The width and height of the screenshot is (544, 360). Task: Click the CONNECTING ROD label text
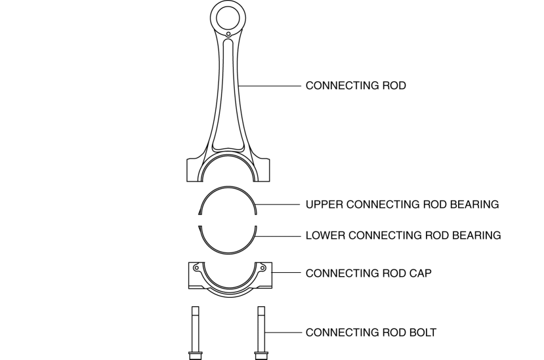tap(356, 86)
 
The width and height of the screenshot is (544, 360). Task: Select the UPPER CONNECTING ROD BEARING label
tap(402, 205)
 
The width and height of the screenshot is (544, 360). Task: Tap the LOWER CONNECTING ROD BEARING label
tap(403, 235)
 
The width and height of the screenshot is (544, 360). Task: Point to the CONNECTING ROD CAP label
tap(368, 273)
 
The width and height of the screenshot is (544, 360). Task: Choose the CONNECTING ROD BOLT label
tap(371, 332)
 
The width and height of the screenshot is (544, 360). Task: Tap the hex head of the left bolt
tap(195, 355)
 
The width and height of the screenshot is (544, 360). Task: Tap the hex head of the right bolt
tap(261, 355)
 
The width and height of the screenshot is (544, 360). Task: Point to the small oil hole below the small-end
tap(228, 33)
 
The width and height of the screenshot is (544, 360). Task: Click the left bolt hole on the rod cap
tap(196, 267)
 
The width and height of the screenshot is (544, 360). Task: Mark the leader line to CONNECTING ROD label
tap(269, 86)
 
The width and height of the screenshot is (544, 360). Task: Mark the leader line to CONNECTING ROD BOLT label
tap(282, 332)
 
